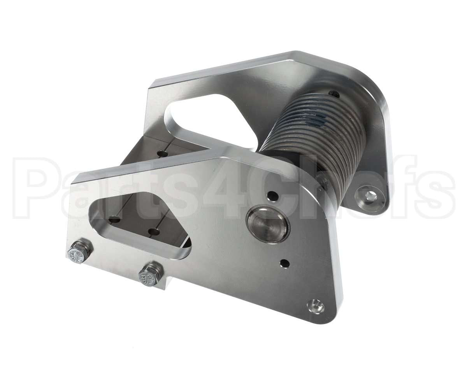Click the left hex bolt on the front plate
[x=80, y=252]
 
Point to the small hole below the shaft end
[x=285, y=264]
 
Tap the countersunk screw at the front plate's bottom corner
[x=316, y=307]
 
